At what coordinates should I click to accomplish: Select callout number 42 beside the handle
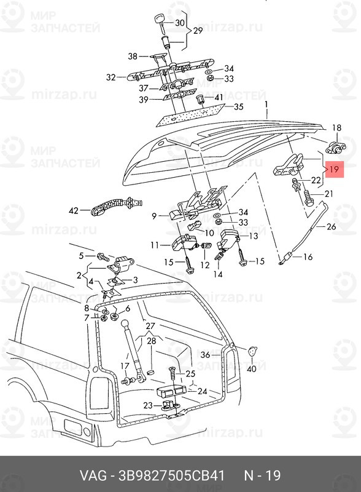tap(74, 211)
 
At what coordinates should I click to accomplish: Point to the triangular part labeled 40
tap(252, 351)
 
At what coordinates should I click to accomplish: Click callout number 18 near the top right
tap(336, 128)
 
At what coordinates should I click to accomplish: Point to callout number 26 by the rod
tap(332, 227)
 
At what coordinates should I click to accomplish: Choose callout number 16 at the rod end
tap(308, 256)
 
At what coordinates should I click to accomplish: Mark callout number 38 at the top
tap(133, 57)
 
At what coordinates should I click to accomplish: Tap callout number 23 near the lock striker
tap(148, 405)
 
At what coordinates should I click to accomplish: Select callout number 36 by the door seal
tap(206, 355)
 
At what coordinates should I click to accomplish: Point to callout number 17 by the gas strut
tap(125, 367)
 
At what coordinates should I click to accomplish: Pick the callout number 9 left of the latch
tap(155, 216)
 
